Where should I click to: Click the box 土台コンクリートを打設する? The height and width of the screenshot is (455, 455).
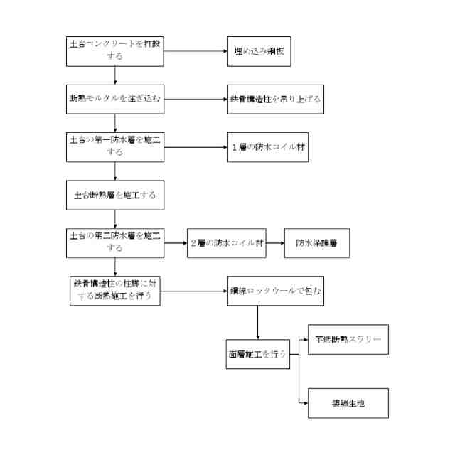click(114, 51)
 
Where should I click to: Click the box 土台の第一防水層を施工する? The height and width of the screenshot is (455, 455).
click(114, 147)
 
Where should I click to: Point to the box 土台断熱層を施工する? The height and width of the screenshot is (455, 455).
click(114, 193)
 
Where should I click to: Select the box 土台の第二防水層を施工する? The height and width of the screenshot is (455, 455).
click(114, 242)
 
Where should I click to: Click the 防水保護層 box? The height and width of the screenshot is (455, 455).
click(317, 242)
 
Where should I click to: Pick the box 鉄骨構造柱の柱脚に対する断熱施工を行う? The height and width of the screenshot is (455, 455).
click(114, 291)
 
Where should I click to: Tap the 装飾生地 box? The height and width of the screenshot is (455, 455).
click(348, 402)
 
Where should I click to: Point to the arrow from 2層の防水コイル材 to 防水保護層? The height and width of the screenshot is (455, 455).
click(271, 242)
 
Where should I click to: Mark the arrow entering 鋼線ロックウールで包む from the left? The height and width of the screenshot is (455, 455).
click(192, 291)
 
